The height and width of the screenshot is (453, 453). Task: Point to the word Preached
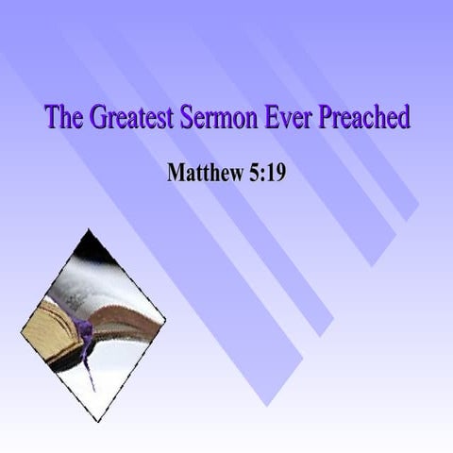tap(365, 119)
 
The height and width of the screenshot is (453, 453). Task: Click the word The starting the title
tap(63, 119)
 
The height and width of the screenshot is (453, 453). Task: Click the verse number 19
tap(275, 173)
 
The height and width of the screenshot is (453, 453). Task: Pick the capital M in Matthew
tap(176, 173)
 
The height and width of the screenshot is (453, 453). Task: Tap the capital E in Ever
tap(275, 119)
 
